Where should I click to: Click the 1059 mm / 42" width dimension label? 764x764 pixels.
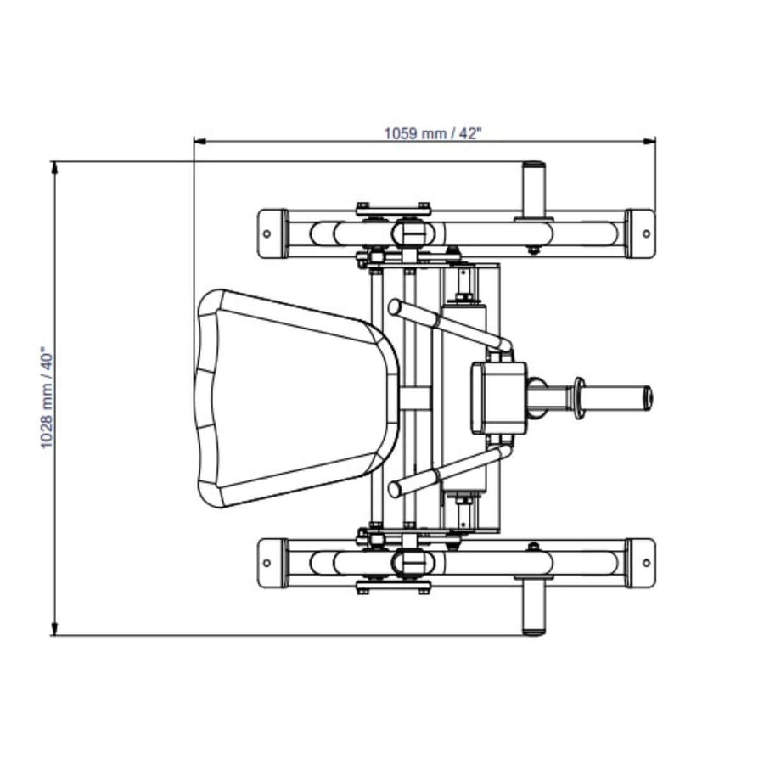(433, 132)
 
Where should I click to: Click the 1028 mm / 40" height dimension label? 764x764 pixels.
(48, 397)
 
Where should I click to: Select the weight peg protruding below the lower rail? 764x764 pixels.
(534, 606)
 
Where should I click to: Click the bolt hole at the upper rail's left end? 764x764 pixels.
(267, 232)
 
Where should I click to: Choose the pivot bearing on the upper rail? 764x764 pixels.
(408, 232)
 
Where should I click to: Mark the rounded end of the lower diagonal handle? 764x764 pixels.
(395, 489)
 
